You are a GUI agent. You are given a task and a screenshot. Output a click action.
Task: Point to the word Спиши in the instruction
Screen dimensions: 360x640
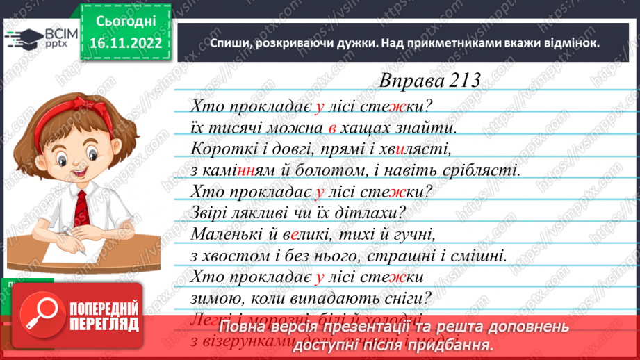click(x=228, y=42)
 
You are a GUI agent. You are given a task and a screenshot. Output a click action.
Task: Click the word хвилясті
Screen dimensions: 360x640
click(x=416, y=149)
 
